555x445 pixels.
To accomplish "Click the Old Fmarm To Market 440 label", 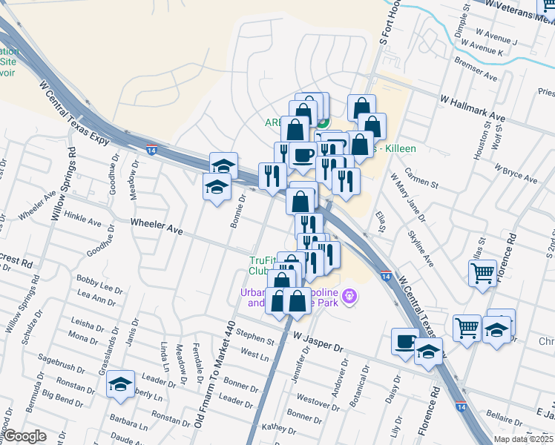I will [212, 378].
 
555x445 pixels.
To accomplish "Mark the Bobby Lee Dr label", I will [99, 283].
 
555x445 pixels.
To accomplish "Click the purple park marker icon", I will [350, 298].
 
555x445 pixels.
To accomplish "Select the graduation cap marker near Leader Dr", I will [120, 384].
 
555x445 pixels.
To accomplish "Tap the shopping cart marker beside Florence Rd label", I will [482, 273].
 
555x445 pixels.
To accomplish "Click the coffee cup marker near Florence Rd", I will [406, 341].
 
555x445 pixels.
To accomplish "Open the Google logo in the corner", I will [24, 436].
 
